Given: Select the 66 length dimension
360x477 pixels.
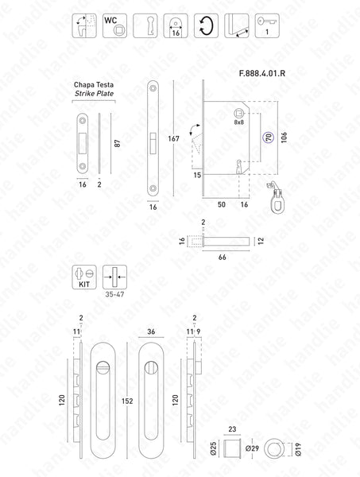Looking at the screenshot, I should point(223,258).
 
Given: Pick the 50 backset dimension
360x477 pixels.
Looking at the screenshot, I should point(221,204).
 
